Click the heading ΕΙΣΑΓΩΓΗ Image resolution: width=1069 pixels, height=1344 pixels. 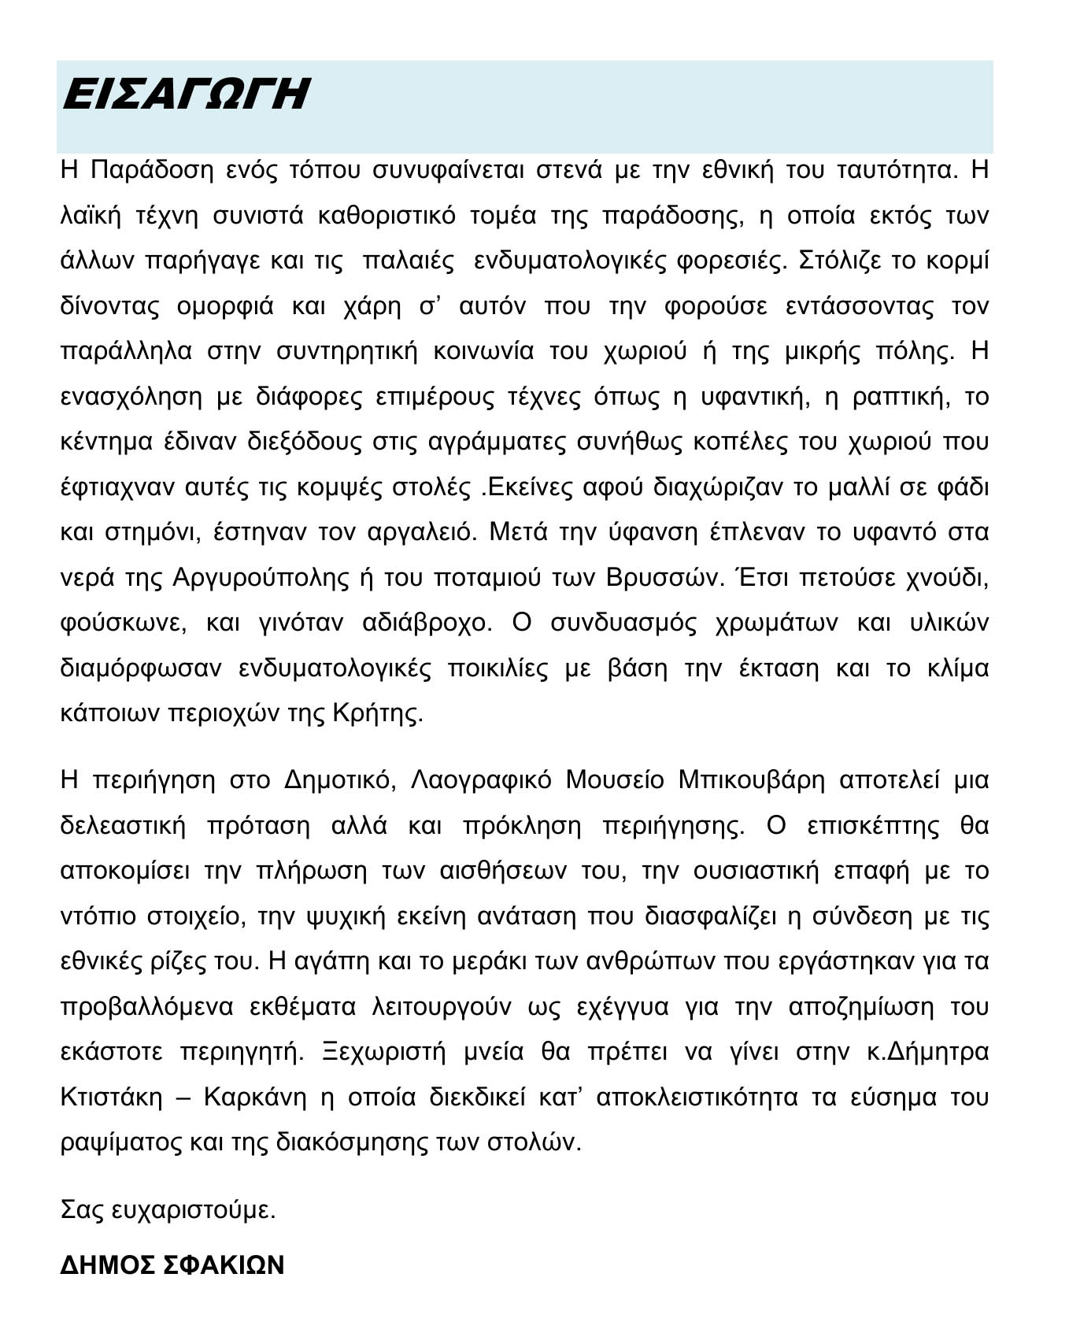(185, 95)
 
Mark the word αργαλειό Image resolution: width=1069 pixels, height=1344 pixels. (421, 533)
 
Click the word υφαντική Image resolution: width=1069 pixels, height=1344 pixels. (756, 397)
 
